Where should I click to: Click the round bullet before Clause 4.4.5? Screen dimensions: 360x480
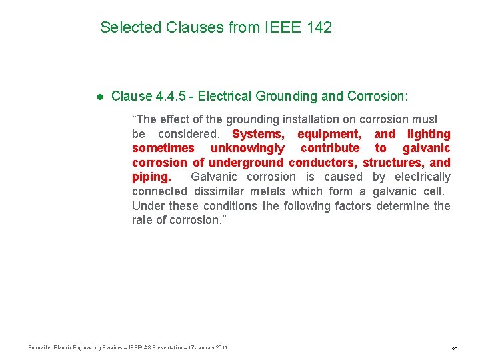coord(99,97)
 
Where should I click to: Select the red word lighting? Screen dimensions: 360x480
coord(429,134)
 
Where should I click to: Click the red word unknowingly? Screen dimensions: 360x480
coord(247,148)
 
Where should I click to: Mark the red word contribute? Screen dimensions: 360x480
coord(330,148)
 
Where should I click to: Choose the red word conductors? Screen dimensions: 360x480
coord(323,163)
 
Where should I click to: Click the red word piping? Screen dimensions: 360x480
coord(151,177)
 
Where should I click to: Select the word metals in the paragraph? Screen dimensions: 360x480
coord(267,191)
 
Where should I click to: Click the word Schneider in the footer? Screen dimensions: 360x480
coord(39,348)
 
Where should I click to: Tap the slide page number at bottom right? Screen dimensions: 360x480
coord(454,349)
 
